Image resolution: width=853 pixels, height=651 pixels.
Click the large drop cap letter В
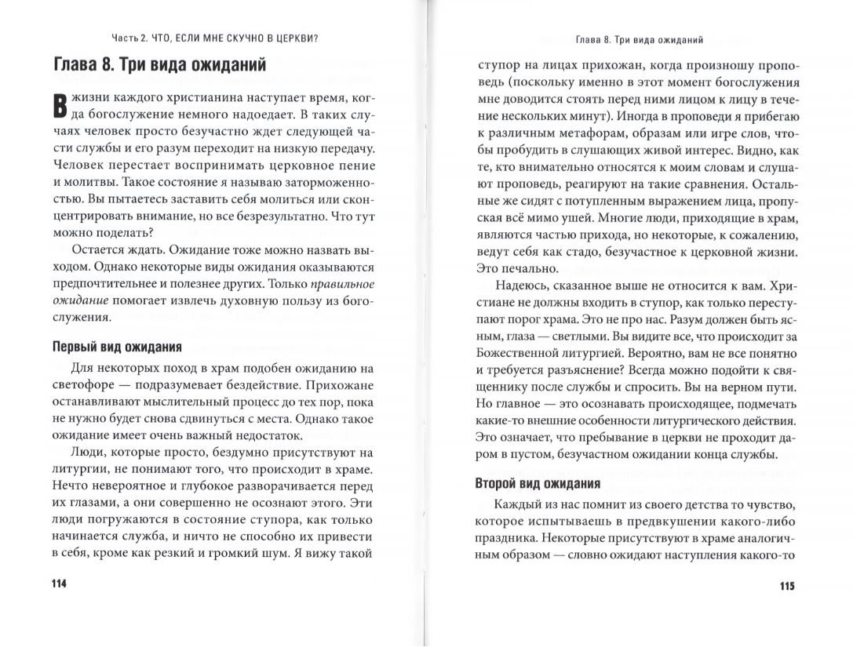pyautogui.click(x=57, y=107)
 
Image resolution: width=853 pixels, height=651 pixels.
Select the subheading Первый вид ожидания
pyautogui.click(x=116, y=347)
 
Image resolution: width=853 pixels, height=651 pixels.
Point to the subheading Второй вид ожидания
pyautogui.click(x=538, y=483)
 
